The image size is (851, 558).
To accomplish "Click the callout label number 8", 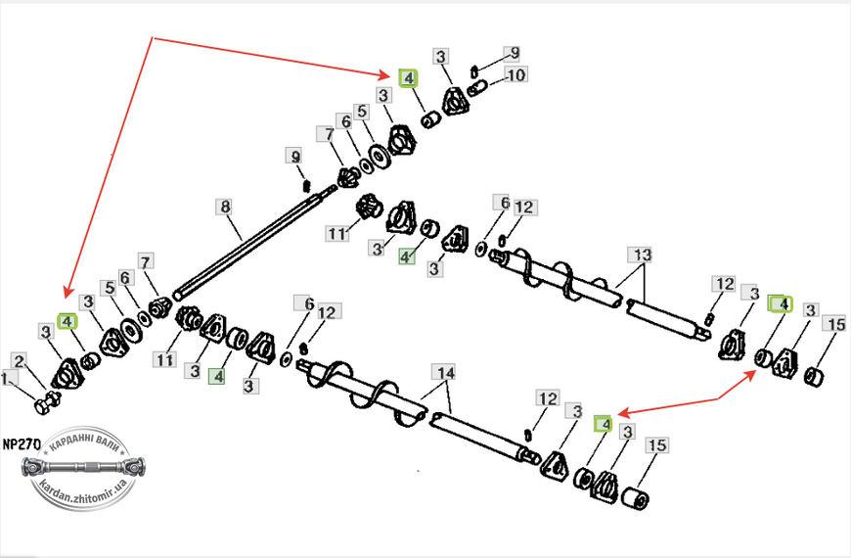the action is coord(225,207).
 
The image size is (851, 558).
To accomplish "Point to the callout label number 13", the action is coord(641,255).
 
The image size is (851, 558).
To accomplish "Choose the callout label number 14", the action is coord(445,373).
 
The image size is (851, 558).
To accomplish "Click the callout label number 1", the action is coord(8,379).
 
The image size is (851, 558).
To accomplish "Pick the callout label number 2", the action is coord(20,361).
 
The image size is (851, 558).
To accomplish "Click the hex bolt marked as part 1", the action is coord(47,402).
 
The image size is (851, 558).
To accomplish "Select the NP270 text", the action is coord(22,444).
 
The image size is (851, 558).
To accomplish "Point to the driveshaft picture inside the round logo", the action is coord(83,467).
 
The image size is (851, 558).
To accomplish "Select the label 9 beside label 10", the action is coord(513,53).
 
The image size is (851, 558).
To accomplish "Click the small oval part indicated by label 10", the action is coord(477,87).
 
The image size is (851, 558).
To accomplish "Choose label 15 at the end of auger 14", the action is coord(657,445).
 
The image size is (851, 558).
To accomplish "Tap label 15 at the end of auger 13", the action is coord(836,324).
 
